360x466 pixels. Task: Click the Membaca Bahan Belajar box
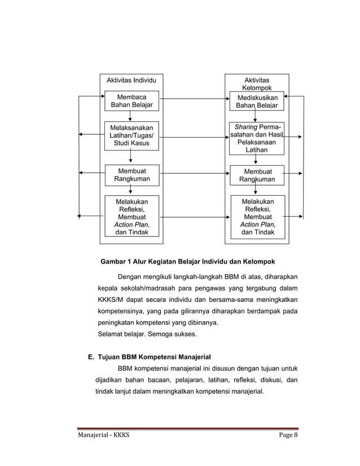tap(131, 101)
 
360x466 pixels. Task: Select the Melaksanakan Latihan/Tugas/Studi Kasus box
tap(131, 136)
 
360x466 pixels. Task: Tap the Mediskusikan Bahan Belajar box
tap(257, 102)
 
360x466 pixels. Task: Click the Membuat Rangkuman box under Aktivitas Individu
tap(131, 175)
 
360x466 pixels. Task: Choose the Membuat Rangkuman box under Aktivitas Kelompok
tap(257, 175)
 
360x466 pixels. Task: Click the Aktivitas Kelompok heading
tap(257, 84)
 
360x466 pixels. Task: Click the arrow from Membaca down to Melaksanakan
tap(131, 116)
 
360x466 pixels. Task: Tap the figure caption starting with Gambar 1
tap(187, 262)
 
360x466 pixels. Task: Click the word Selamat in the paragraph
tap(112, 334)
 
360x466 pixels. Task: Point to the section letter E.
tap(90, 357)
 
